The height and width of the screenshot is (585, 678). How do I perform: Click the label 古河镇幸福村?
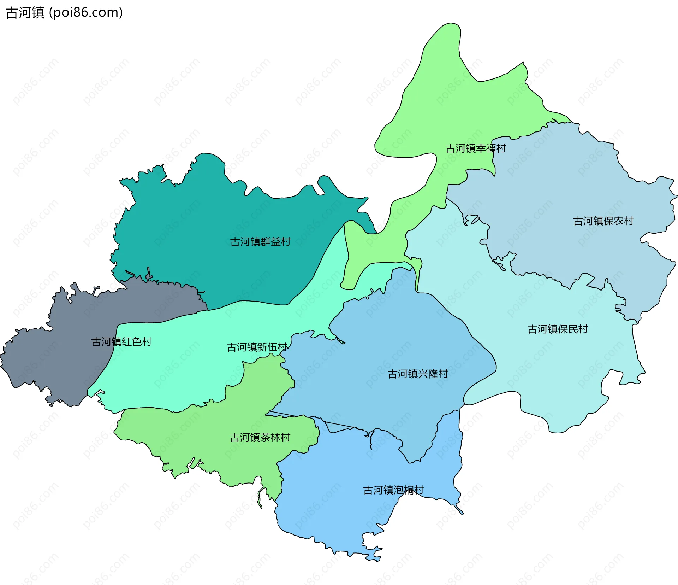475,148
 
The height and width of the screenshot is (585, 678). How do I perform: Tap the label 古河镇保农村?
603,221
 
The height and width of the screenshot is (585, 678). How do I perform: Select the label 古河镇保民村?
557,329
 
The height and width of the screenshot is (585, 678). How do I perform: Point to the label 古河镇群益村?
260,242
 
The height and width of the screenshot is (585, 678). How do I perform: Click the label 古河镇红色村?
121,342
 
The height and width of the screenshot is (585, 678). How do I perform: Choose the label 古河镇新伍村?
257,347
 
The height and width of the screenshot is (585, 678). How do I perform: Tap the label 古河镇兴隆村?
418,374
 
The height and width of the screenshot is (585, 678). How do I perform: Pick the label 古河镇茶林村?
260,438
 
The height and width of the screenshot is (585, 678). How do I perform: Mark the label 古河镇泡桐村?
393,490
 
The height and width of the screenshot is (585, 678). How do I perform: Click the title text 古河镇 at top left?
25,13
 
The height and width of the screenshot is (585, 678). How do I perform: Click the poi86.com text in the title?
86,13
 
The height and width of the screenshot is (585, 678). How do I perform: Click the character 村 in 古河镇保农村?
629,221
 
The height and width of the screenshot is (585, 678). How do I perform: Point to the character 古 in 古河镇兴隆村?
393,374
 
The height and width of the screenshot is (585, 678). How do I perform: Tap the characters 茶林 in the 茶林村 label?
270,438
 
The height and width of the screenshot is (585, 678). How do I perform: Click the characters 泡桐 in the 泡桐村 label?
404,490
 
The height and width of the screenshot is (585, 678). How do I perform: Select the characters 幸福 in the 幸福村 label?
486,148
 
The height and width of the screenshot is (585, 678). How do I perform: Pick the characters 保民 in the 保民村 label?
567,329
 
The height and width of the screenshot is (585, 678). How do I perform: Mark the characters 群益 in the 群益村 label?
270,242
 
